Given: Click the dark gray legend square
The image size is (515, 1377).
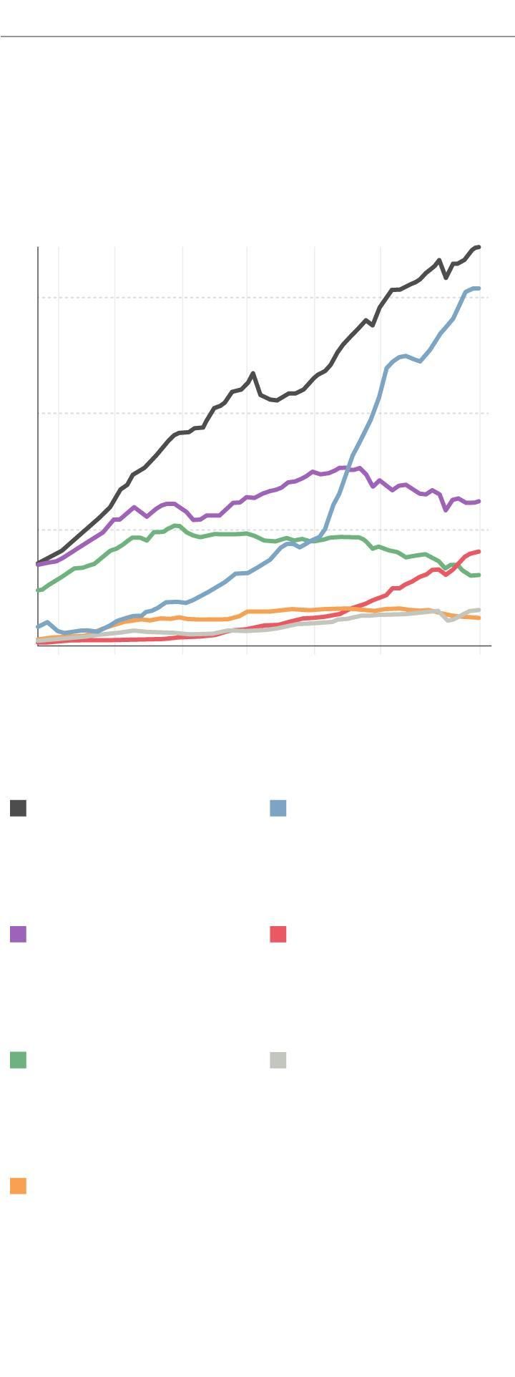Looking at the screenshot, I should (x=19, y=808).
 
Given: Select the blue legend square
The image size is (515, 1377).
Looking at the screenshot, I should (x=278, y=808).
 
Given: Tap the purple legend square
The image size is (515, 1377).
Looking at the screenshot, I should (x=19, y=934).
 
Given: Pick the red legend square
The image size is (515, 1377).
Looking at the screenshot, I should (x=278, y=934).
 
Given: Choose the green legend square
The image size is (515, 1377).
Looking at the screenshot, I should (x=19, y=1060).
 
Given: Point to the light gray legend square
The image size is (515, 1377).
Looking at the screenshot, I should (x=278, y=1060).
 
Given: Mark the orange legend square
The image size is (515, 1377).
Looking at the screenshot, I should (x=19, y=1186).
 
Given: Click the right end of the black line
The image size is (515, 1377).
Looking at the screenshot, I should (x=479, y=247).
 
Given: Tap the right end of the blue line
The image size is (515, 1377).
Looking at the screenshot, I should (x=479, y=288).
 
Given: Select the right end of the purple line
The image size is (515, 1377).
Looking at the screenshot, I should (x=479, y=501).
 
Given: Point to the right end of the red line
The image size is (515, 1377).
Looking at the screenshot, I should (x=479, y=552).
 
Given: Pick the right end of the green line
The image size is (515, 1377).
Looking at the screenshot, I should (x=479, y=575).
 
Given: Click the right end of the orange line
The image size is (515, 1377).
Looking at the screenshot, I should (x=479, y=618).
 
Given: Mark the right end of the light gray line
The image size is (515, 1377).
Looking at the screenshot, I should (x=479, y=610).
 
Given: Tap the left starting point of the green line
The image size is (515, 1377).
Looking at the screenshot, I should (x=39, y=590).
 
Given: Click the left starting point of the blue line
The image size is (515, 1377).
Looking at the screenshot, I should (x=39, y=627).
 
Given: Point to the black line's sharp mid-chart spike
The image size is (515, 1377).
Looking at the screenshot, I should (x=252, y=374).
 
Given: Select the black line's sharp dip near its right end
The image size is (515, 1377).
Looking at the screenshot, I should (x=446, y=277).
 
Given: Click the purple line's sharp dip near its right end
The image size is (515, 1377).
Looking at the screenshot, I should (x=446, y=510).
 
